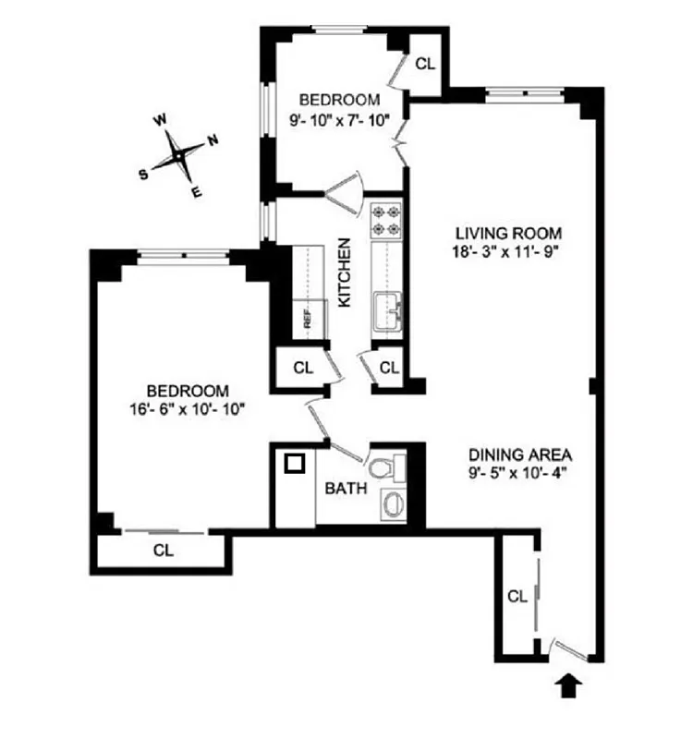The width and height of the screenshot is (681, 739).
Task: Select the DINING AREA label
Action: (520, 454)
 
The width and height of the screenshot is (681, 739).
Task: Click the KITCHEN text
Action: (344, 273)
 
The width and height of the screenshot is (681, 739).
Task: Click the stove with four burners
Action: (384, 220)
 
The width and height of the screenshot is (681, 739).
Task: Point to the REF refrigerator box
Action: (308, 319)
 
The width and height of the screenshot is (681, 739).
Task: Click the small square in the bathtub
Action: (296, 464)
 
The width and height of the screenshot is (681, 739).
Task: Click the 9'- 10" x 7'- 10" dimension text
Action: (339, 118)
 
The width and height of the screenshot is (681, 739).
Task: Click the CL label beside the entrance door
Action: (516, 597)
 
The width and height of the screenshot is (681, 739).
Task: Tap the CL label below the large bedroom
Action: (164, 551)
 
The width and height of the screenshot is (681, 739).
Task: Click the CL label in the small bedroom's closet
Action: (424, 64)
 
